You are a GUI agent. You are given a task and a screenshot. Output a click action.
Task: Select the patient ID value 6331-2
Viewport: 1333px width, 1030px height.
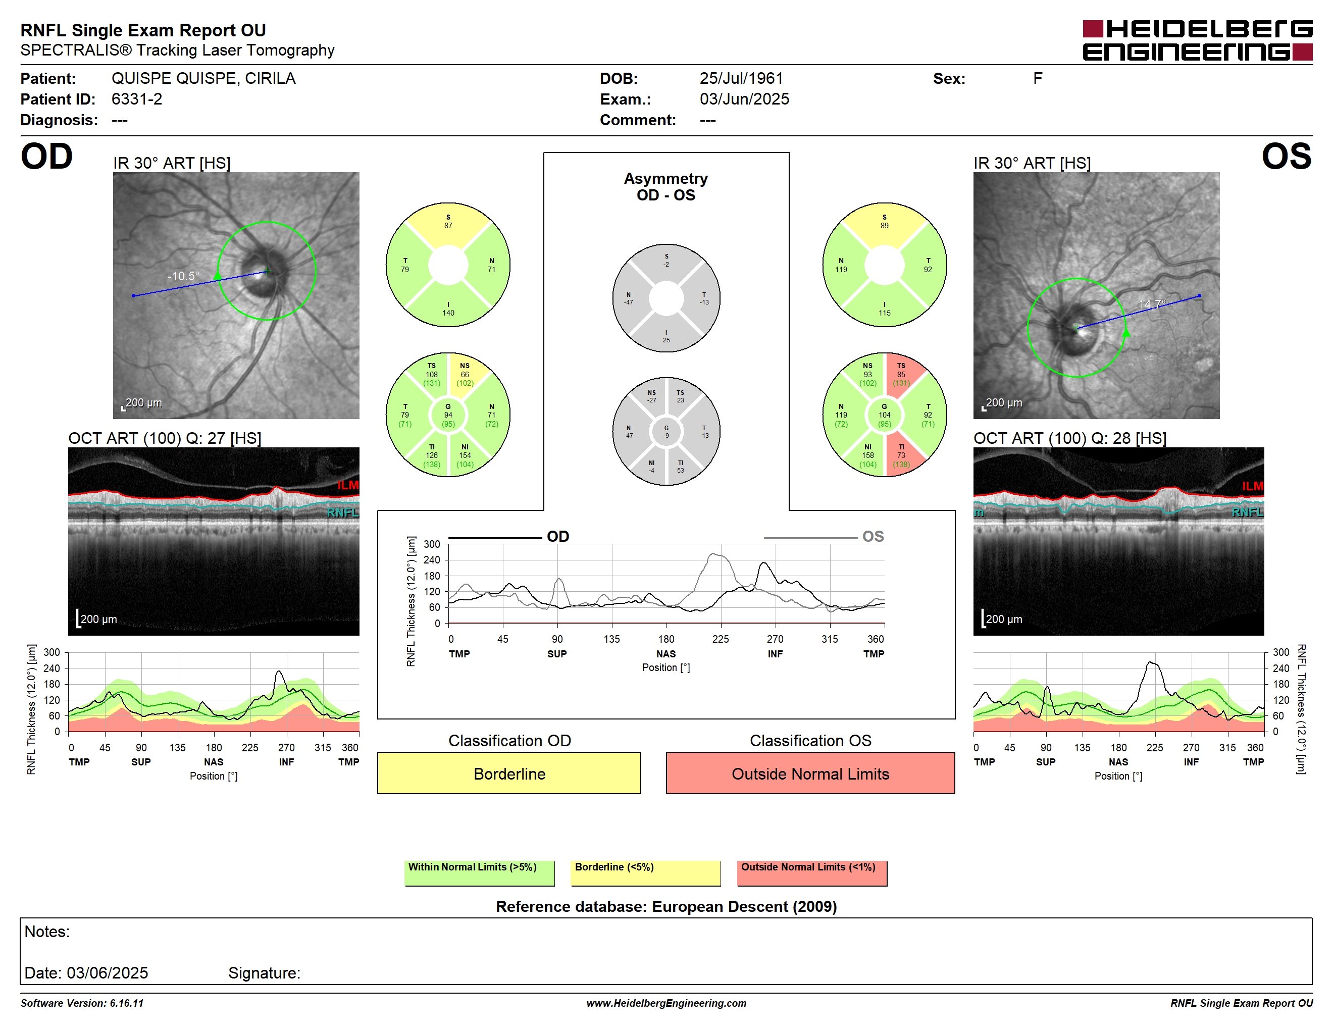[137, 99]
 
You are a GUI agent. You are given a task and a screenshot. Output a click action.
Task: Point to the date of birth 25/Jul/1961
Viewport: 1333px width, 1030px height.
[741, 78]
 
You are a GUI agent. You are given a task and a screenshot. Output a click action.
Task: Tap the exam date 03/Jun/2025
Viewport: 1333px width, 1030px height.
[744, 99]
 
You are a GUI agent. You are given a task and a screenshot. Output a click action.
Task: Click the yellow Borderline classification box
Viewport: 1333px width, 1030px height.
[509, 773]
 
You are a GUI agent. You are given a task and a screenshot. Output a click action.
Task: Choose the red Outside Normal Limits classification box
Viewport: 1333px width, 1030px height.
[810, 773]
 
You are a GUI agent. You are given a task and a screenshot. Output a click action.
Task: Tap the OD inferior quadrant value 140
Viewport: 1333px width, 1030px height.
[448, 313]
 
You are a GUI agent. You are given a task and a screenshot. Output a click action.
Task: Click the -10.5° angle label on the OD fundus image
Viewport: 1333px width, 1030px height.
[184, 276]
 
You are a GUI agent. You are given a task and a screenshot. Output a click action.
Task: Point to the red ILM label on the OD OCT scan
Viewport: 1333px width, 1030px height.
[348, 485]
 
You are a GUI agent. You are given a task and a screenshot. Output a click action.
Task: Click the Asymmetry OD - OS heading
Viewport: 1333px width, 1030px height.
[666, 187]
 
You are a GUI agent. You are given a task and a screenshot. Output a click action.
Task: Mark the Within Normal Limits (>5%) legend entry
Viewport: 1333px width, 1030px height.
[479, 872]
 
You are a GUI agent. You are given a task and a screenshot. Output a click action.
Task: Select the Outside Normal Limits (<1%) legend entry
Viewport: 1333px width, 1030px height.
[812, 872]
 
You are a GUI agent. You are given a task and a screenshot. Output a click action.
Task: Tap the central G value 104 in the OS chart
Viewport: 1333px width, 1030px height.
[885, 415]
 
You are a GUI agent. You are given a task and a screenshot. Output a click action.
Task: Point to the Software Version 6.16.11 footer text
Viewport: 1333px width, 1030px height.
[82, 1003]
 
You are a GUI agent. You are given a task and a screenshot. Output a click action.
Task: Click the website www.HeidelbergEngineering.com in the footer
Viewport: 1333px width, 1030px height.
[666, 1003]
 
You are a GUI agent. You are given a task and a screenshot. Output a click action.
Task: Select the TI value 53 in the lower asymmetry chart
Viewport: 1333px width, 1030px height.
[681, 471]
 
